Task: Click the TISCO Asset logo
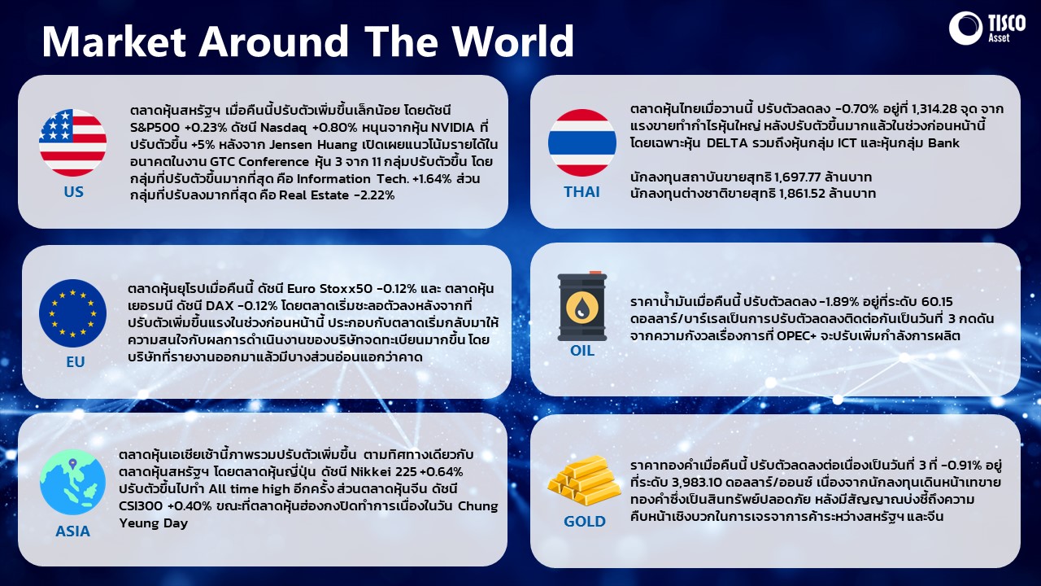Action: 987,28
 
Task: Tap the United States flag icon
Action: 72,142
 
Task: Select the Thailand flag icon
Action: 581,142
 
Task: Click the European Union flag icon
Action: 72,313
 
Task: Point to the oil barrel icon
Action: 581,306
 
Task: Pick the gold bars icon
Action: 584,480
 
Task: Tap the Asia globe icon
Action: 72,482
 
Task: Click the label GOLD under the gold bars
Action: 584,522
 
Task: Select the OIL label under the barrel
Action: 581,350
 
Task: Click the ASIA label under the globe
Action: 72,531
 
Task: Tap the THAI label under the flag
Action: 581,191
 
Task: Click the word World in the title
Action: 513,41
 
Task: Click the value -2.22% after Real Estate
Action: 374,195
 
